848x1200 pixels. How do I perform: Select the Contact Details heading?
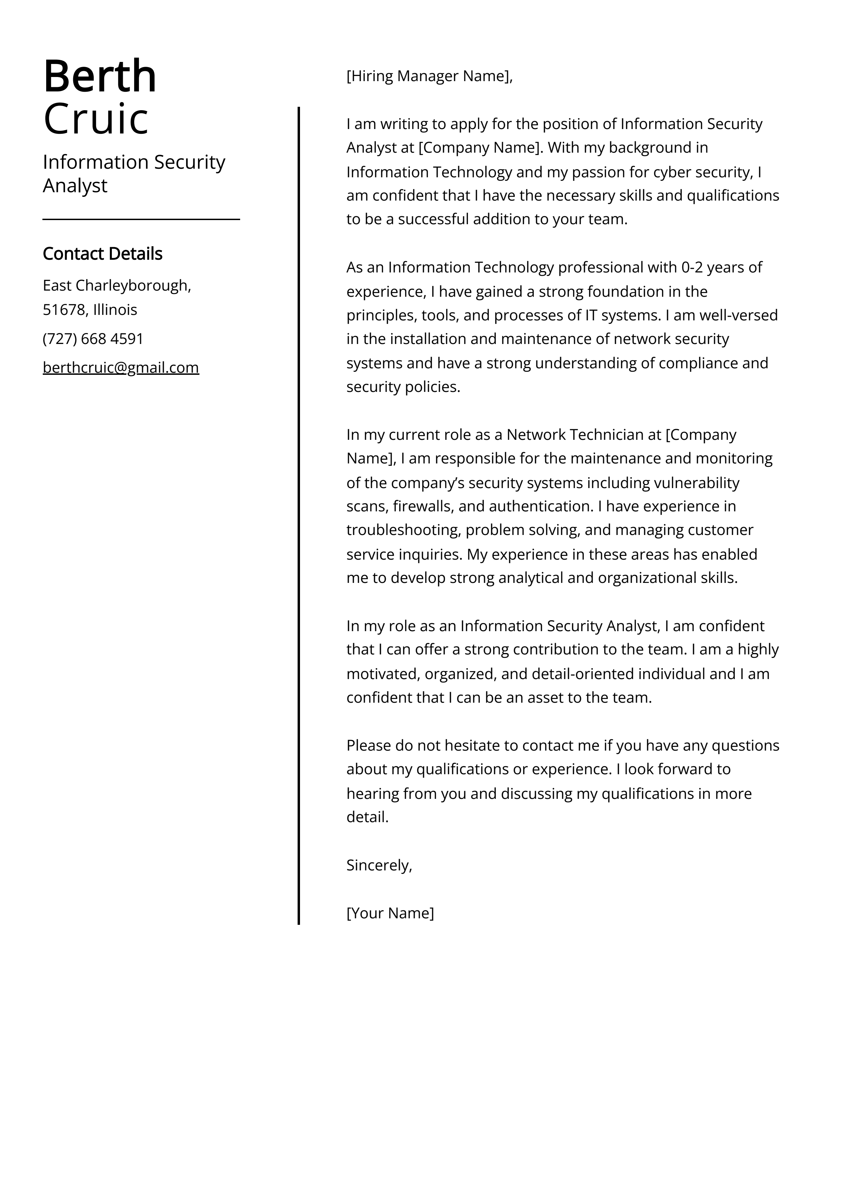click(102, 254)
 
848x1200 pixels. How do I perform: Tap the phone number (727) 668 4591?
click(93, 339)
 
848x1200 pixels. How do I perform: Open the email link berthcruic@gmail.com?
click(121, 367)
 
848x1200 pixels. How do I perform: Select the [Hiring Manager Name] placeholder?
click(428, 76)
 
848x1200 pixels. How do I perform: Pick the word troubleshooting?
click(402, 530)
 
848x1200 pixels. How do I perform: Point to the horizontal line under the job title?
click(141, 219)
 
